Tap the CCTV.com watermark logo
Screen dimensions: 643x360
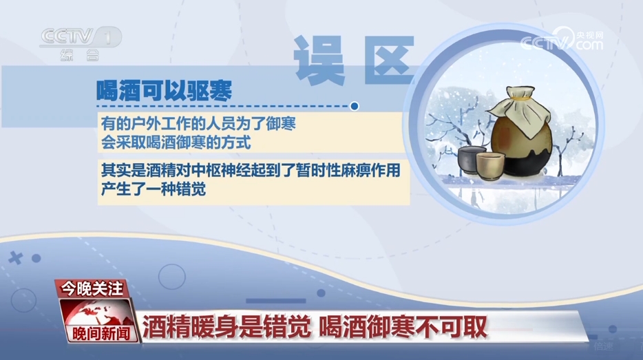coord(562,39)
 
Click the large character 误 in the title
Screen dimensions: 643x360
coord(319,60)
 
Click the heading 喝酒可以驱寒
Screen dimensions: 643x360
coord(164,90)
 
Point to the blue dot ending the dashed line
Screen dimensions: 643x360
coord(355,106)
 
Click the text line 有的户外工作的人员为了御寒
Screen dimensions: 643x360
coord(198,123)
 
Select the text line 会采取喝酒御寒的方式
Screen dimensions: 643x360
coord(176,142)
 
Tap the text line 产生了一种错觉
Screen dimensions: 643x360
coord(154,189)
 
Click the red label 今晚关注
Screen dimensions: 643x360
coord(92,289)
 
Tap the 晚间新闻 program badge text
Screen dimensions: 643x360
coord(101,334)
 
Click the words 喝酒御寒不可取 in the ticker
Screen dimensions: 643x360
coord(403,327)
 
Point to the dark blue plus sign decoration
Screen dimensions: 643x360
coord(16,258)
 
